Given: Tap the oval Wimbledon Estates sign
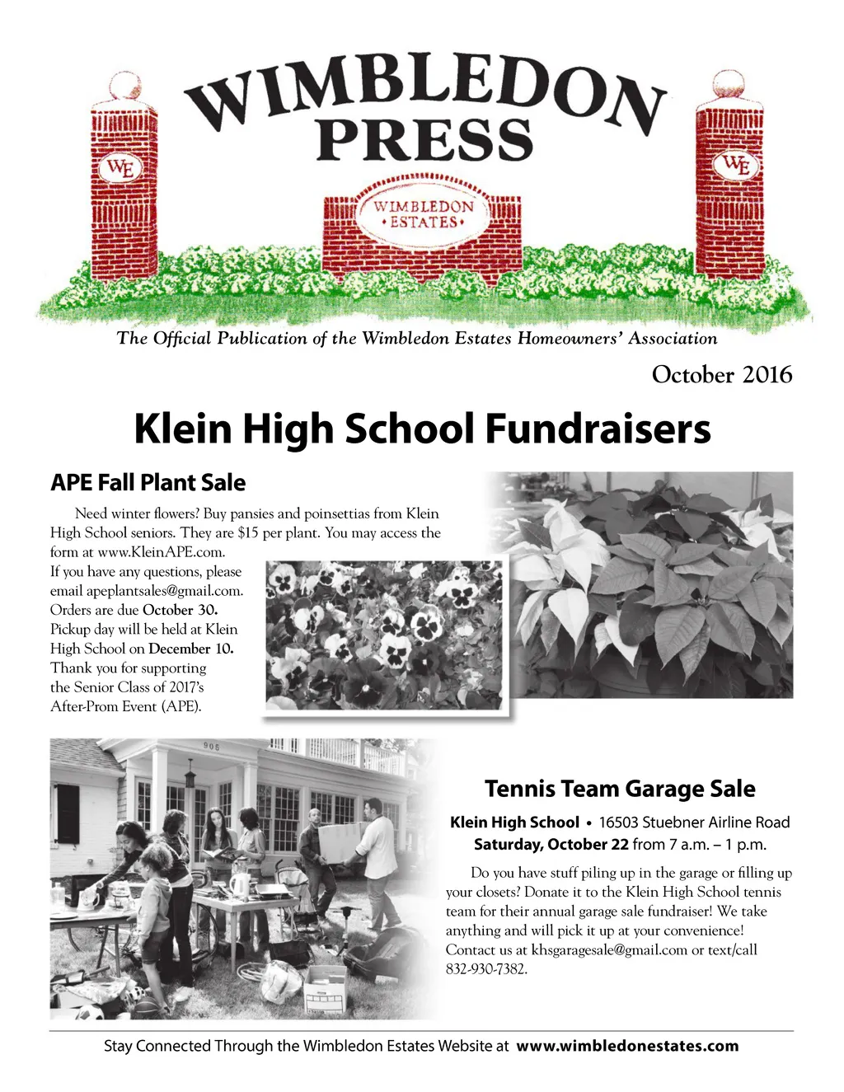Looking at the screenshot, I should (422, 214).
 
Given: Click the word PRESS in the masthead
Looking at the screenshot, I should (425, 139).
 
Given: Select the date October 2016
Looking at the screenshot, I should (721, 375).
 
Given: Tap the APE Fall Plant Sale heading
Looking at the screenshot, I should (148, 483).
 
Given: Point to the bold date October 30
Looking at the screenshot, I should (181, 610).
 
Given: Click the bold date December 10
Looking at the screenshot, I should (191, 649).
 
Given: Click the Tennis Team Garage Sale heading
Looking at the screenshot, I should (620, 789).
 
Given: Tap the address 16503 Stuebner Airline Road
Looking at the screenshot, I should (694, 823).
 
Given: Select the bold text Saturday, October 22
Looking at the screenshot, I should (551, 844).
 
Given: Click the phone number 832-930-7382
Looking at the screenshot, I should (486, 969).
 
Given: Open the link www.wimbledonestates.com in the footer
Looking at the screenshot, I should (627, 1046).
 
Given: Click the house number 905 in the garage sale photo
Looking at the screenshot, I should (212, 747).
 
